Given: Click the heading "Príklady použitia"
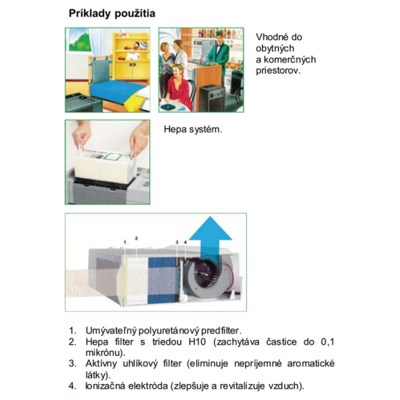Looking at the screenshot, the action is click(112, 13).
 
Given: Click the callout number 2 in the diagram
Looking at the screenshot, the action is click(136, 238).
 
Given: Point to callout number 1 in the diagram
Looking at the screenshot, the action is click(125, 241).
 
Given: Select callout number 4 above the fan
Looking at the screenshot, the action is click(185, 242).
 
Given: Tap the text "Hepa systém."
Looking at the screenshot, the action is click(193, 129).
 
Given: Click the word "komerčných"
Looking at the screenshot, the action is click(289, 60).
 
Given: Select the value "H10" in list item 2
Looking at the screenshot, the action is click(197, 342).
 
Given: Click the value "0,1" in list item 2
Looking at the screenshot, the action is click(327, 342).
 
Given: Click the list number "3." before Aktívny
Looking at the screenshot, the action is click(73, 364).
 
